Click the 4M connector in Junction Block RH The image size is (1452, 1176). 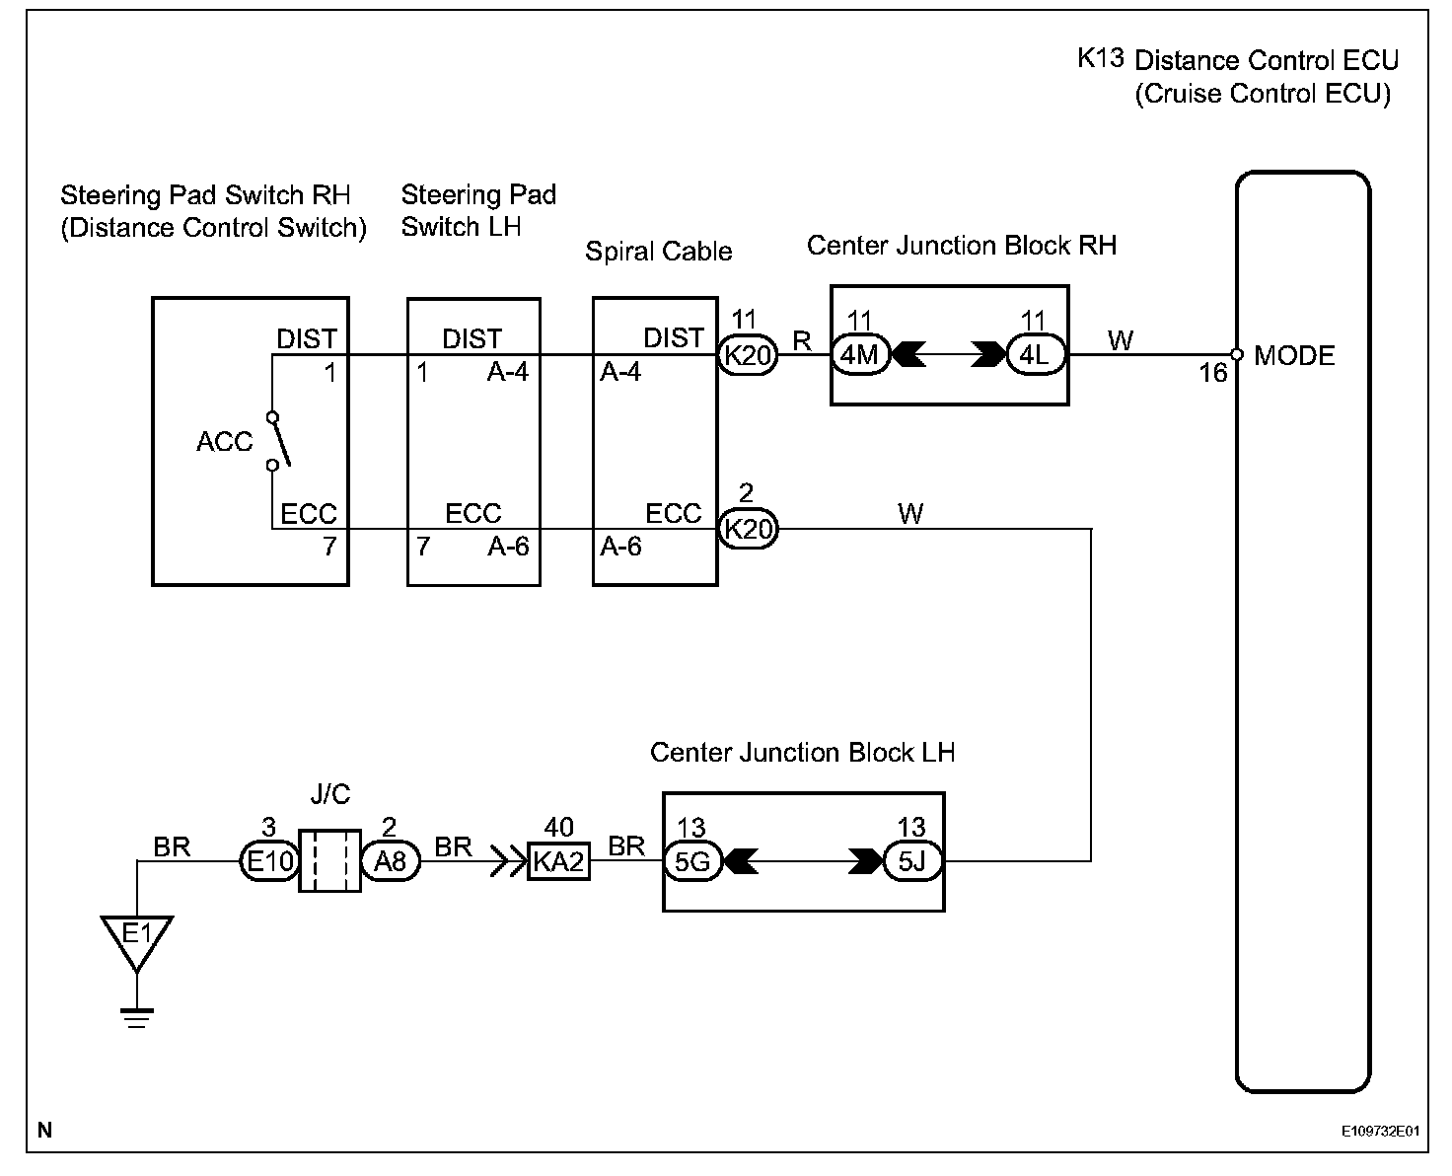pos(860,354)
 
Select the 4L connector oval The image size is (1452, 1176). pos(1035,354)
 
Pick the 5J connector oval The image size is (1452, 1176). pos(912,862)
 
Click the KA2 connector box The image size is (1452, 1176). pos(558,862)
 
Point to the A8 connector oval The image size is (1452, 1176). pos(391,862)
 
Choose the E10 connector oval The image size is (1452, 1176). pos(269,862)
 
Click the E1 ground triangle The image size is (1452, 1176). pos(136,937)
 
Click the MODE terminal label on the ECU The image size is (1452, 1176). pos(1294,355)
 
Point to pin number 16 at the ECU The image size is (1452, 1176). pos(1212,373)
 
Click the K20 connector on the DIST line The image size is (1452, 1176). pos(748,354)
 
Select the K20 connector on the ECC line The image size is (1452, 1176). pos(748,530)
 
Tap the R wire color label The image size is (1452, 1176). pos(802,341)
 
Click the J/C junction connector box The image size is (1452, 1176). pos(329,861)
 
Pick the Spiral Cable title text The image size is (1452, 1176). pos(658,251)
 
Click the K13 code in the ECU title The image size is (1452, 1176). pos(1100,58)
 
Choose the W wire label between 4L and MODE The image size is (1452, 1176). pos(1121,340)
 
